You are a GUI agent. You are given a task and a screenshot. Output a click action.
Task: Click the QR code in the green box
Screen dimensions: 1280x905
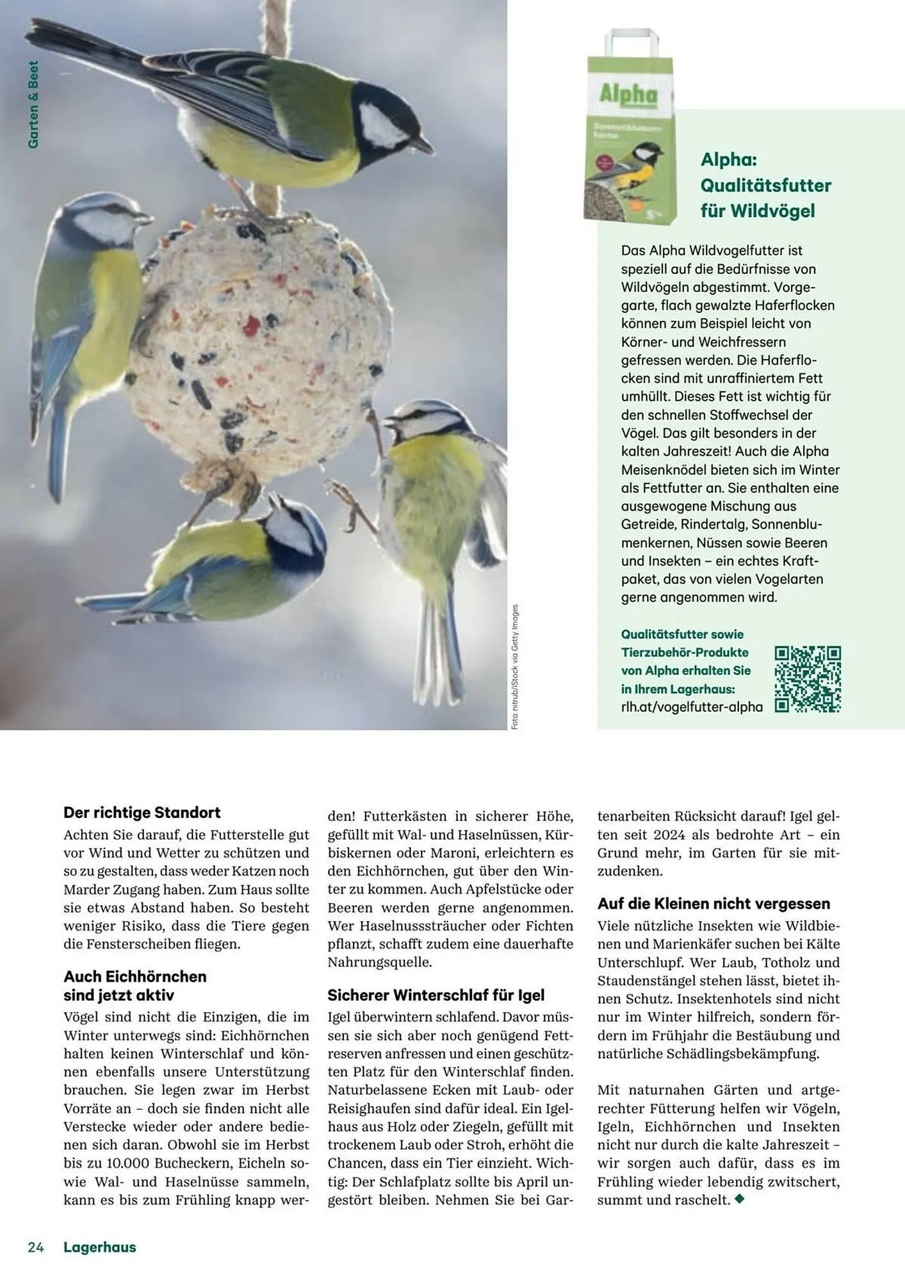(807, 679)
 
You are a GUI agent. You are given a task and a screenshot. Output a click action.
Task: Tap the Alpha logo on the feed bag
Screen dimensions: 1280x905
(628, 95)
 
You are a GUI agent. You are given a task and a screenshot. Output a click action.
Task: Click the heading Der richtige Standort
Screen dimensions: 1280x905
(142, 812)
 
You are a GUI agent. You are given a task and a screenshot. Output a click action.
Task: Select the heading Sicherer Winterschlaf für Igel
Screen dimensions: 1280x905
(436, 995)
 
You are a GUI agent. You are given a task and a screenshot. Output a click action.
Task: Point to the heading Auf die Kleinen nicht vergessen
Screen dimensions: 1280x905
(713, 903)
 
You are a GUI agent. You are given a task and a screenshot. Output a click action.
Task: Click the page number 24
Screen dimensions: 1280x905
(36, 1247)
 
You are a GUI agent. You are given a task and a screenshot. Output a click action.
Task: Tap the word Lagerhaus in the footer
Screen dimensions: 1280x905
(99, 1247)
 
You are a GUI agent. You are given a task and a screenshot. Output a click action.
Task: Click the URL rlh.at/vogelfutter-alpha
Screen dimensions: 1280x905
(691, 707)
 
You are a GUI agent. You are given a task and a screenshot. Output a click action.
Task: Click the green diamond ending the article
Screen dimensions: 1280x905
(740, 1199)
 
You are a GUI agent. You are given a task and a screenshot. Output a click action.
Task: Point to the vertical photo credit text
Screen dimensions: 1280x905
(515, 666)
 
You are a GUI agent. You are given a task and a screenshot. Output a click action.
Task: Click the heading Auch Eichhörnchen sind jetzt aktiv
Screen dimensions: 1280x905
(135, 985)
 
